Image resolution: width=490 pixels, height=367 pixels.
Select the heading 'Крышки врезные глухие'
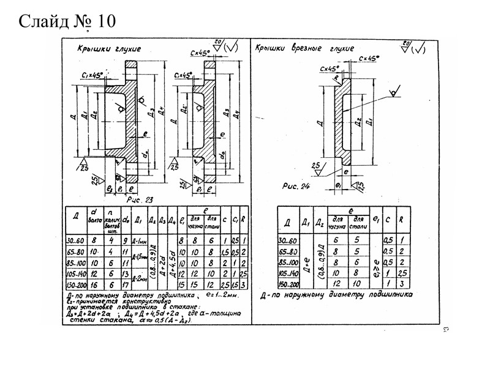coord(304,48)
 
